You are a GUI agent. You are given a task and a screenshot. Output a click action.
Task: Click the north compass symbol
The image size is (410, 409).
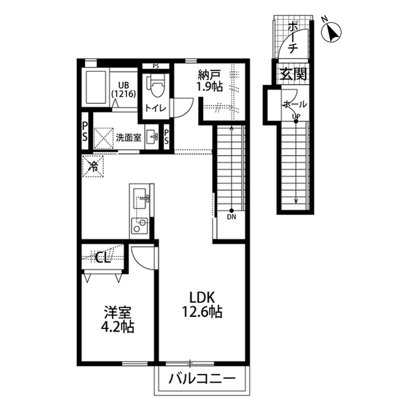[x=331, y=32]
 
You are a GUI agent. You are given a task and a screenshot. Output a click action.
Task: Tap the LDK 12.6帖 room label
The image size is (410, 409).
[x=202, y=305]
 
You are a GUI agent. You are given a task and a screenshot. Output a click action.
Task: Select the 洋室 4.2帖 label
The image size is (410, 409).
[x=118, y=319]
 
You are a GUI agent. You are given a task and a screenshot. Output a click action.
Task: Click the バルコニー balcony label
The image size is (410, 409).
[x=202, y=378]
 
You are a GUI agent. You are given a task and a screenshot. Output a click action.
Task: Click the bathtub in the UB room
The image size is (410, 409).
[x=95, y=86]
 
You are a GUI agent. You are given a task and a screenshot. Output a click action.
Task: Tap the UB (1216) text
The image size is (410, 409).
[x=124, y=90]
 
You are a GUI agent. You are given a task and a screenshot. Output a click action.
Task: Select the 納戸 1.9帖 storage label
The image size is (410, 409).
[x=209, y=81]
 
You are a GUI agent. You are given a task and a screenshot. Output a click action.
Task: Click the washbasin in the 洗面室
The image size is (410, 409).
[x=152, y=136]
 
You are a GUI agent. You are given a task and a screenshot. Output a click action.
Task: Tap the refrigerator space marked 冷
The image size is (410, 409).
[x=93, y=166]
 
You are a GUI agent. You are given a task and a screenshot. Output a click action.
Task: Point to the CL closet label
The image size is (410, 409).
[x=103, y=257]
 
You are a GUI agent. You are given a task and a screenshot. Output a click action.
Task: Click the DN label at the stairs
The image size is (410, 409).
[x=231, y=217]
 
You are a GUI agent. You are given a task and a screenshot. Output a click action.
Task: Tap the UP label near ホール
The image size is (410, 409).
[x=296, y=116]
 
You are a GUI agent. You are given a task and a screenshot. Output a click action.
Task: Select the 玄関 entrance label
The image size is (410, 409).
[x=293, y=74]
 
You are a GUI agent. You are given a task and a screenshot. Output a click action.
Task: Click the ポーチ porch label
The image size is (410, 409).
[x=293, y=38]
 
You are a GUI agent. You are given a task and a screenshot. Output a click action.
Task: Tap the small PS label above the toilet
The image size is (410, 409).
[x=156, y=67]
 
